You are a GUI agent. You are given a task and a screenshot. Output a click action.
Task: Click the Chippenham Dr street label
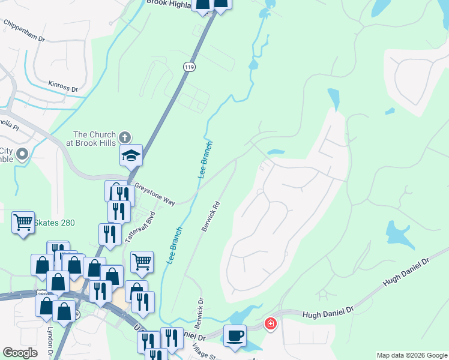[x=24, y=31]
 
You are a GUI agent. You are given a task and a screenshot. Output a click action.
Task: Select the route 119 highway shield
[x=190, y=68]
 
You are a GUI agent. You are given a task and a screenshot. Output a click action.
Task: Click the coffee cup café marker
[x=235, y=335]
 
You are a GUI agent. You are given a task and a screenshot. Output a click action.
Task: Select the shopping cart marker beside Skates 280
[x=23, y=223]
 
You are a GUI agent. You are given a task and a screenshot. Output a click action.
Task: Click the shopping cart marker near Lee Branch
[x=142, y=261]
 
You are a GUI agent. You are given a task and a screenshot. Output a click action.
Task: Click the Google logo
[x=20, y=353]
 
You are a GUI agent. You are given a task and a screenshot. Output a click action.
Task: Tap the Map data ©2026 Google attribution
[x=411, y=355]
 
